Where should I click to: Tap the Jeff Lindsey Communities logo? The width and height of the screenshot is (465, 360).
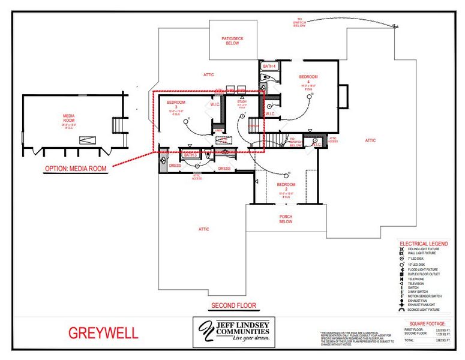[x=233, y=332]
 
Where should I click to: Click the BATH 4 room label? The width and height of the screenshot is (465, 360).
[x=269, y=65]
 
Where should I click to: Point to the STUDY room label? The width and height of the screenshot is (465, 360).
[x=242, y=102]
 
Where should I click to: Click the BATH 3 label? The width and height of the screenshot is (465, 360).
[x=190, y=155]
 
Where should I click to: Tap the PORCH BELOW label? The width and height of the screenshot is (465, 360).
[x=286, y=219]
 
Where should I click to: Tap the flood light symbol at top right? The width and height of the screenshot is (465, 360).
[x=395, y=26]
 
